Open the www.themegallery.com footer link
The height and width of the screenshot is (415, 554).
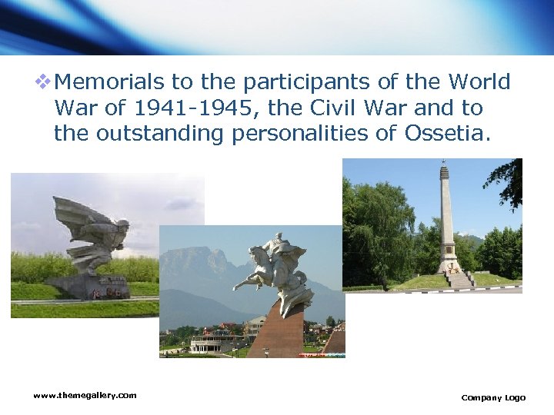[x=85, y=395]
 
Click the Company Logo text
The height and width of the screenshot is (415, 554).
[x=493, y=397]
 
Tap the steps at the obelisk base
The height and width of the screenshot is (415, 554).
[x=459, y=280]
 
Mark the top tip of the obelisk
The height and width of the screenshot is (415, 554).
[x=444, y=161]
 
